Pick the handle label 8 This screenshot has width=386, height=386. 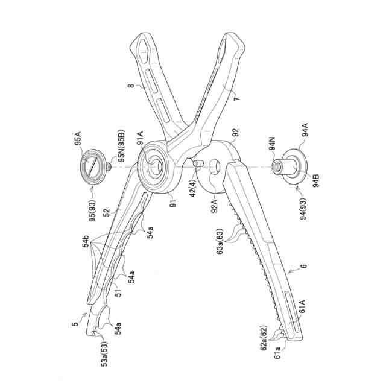tap(130, 87)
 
